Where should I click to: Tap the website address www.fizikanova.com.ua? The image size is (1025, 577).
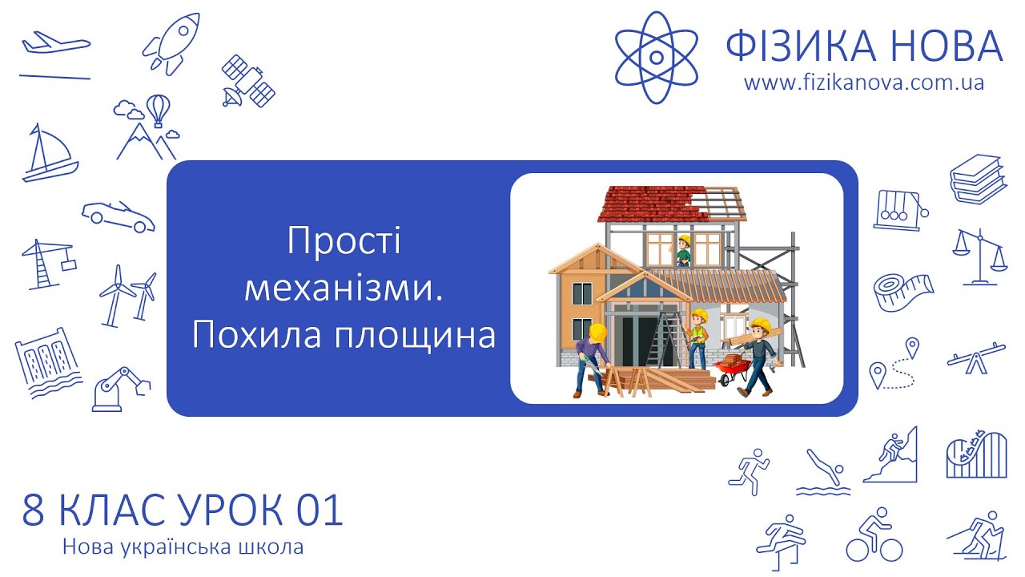863,83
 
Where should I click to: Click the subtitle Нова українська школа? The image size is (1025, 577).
183,548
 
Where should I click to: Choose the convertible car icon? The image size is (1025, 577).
119,216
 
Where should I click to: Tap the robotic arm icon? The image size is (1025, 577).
120,389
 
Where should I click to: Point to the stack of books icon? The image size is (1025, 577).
977,179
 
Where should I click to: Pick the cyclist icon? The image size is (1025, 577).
874,535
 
